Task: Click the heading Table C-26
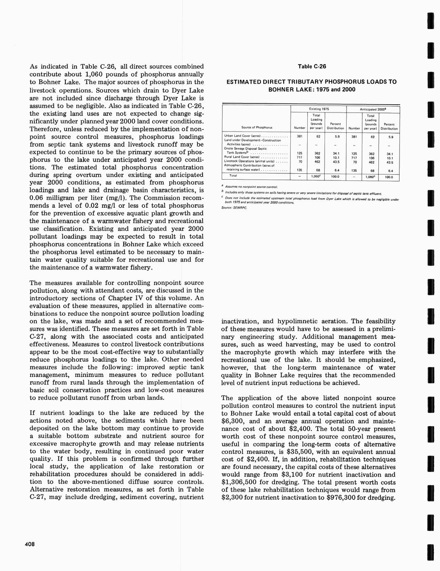[x=311, y=66]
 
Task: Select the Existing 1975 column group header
[x=319, y=109]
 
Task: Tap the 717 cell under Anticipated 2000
[x=354, y=158]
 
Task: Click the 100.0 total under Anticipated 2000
[x=389, y=177]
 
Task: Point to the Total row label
[x=233, y=176]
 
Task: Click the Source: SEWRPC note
[x=234, y=208]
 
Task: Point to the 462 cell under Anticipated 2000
[x=371, y=162]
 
